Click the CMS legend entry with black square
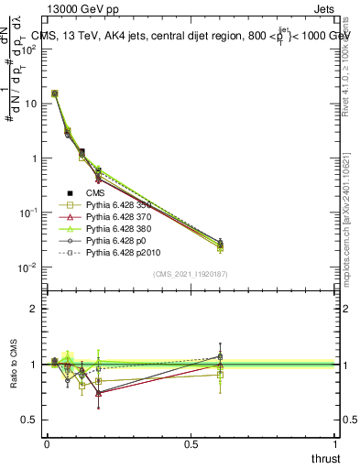96,193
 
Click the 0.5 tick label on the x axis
191,442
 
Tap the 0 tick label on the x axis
48,442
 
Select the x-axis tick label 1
336,442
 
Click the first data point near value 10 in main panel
55,93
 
